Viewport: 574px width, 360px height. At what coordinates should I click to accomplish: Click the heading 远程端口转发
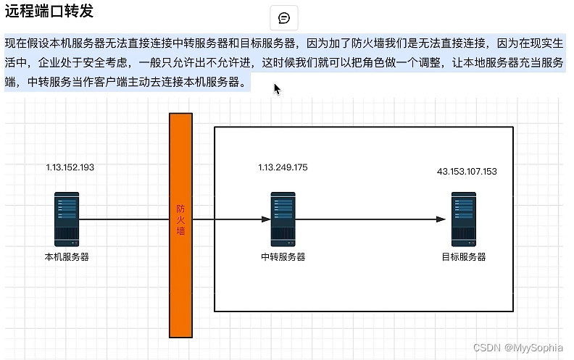click(x=49, y=12)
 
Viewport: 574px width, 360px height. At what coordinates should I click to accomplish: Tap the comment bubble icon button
click(x=284, y=18)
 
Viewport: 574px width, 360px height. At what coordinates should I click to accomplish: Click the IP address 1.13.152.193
click(x=70, y=167)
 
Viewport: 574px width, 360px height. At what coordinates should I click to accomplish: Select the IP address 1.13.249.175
click(x=283, y=167)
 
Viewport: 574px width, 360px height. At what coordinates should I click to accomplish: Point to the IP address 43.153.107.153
click(x=467, y=172)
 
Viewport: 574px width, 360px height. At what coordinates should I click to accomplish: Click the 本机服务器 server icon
click(x=67, y=219)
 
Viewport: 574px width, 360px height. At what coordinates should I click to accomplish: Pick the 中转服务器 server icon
click(x=283, y=219)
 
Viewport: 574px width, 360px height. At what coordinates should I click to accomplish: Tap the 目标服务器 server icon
click(x=463, y=219)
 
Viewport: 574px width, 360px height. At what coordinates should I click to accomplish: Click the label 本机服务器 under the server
click(x=67, y=256)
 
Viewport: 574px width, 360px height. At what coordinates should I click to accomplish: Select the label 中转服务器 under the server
click(x=283, y=256)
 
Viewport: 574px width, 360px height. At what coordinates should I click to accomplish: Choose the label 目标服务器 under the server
click(x=463, y=256)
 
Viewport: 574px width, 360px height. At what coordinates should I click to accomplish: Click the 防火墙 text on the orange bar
click(x=181, y=219)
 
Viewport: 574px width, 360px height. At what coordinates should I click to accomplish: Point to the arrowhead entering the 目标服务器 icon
click(x=441, y=219)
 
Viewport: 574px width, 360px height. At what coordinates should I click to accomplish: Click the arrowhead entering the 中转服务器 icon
click(x=266, y=219)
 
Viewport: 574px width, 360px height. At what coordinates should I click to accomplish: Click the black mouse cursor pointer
click(x=277, y=88)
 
